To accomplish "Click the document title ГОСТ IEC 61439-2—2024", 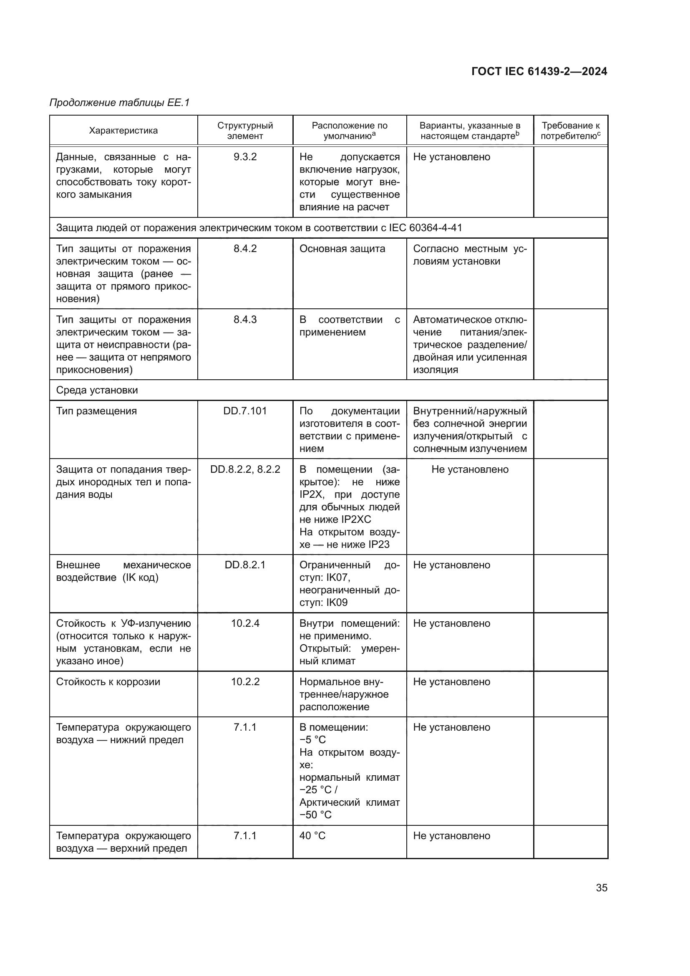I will tap(539, 71).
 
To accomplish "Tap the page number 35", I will tap(601, 888).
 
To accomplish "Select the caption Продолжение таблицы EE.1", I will tap(119, 103).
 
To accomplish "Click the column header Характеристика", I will tap(123, 131).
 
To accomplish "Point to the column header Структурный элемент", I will tap(245, 131).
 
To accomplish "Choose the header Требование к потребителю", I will tap(570, 131).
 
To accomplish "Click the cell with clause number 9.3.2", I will tap(245, 157).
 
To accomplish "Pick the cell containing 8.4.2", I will tap(245, 249).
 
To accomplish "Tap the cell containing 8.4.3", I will tap(245, 320).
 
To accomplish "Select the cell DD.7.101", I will tap(245, 411).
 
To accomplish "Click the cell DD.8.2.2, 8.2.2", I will tap(245, 469).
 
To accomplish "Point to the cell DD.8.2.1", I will tap(245, 565).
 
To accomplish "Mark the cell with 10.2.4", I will tap(245, 623).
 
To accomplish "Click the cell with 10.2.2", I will tap(245, 682).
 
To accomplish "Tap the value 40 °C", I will tap(312, 836).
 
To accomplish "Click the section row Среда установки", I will tap(97, 390).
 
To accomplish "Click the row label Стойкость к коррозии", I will tap(108, 682).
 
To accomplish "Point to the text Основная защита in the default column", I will tap(342, 249).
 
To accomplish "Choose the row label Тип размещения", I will tap(96, 411).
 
